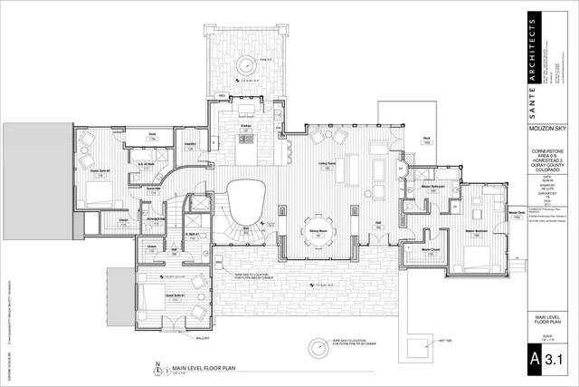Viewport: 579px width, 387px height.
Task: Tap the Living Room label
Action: coord(326,163)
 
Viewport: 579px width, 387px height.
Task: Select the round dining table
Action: coord(318,226)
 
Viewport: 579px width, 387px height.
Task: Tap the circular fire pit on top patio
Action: coord(245,63)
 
